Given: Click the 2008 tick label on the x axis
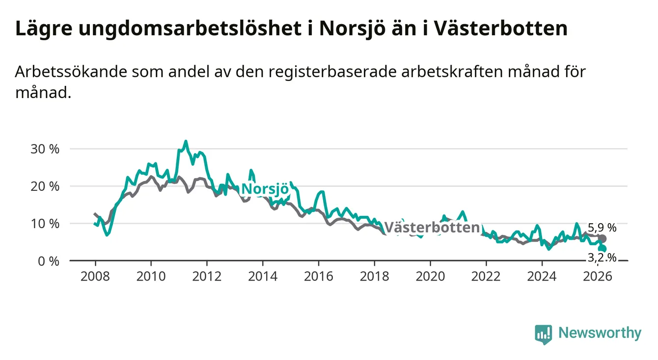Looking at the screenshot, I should [95, 277].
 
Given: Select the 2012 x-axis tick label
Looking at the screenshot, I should [207, 277].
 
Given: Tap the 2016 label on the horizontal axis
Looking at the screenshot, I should [319, 277].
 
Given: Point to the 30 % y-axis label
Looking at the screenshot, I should [45, 149].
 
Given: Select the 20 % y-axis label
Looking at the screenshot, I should [45, 186].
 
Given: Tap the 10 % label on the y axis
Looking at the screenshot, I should [45, 224].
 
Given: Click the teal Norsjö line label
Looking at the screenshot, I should [265, 189].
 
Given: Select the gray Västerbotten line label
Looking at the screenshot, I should [432, 228].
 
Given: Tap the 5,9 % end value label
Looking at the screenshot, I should [602, 228].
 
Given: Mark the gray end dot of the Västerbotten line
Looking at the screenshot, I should [603, 238].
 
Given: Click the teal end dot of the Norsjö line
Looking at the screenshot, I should [603, 249].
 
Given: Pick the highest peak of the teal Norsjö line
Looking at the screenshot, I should [186, 141].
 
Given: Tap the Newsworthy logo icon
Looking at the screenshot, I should [543, 334].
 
